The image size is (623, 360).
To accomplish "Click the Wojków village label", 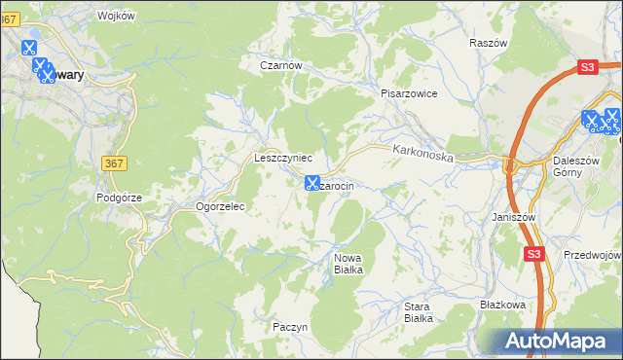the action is tap(117, 17).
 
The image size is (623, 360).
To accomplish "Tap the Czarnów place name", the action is tap(282, 65).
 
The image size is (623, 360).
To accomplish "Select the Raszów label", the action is tap(489, 44).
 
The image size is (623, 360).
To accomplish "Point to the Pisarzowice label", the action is tap(409, 93).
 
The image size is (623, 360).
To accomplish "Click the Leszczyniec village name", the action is tap(282, 157).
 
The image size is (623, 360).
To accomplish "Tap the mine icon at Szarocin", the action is tap(312, 182).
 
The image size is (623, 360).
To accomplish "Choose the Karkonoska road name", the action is tap(423, 154).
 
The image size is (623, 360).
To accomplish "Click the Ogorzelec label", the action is tap(220, 206).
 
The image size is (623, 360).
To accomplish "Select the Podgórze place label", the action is tap(120, 197).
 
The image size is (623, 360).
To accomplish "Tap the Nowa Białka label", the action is tap(348, 263).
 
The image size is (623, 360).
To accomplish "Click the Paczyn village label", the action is tap(290, 327).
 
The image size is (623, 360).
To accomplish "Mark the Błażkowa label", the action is tap(503, 305).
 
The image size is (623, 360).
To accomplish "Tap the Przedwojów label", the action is tap(592, 254).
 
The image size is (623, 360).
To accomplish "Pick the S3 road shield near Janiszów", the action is tap(532, 254).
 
